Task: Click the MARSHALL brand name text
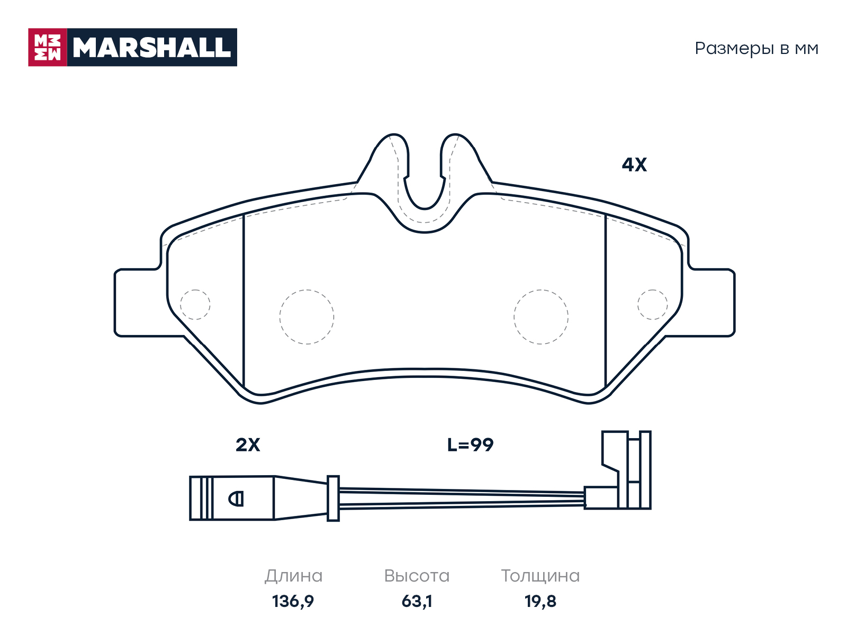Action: coord(151,48)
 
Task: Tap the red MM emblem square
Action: coord(48,47)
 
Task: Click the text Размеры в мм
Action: coord(756,49)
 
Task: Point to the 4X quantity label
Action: coord(634,165)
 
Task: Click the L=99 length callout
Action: coord(470,444)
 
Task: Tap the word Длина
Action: coord(293,576)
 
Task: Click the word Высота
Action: coord(417,576)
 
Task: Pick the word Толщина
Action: coord(540,576)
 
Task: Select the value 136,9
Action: coord(293,601)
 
